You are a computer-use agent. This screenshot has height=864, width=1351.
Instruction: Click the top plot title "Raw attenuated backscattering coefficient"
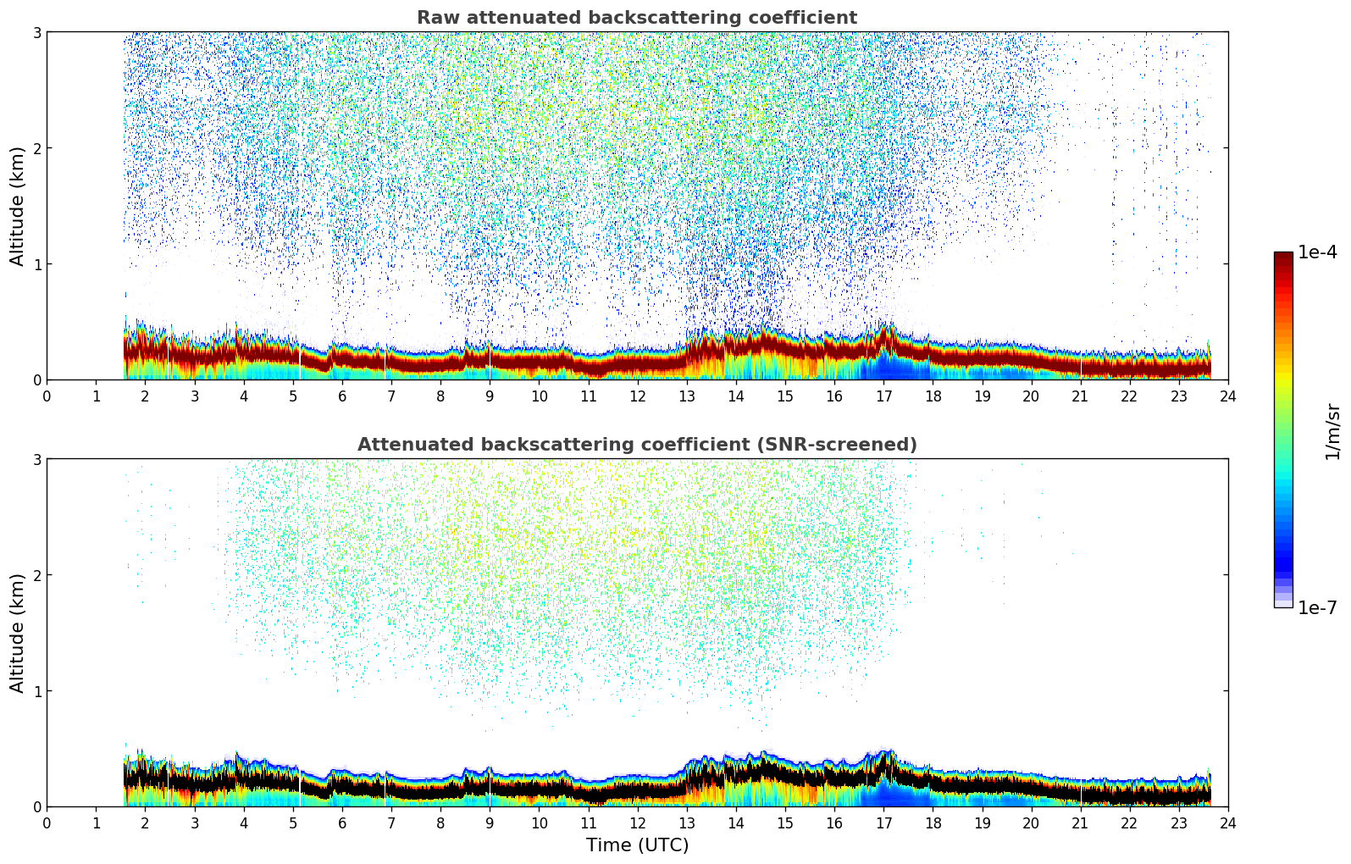pos(637,18)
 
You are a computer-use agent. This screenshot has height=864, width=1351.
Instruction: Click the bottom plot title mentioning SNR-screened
pos(637,445)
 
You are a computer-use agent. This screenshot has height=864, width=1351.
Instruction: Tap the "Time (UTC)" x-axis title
pos(637,845)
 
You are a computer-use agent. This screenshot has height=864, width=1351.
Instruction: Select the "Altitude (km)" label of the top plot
pos(17,206)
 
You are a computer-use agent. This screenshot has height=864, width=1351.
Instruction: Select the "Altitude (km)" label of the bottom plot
pos(17,633)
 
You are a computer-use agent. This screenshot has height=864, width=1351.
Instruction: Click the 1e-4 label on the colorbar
pos(1317,252)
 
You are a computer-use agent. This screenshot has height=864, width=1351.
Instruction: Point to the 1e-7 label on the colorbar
pos(1317,607)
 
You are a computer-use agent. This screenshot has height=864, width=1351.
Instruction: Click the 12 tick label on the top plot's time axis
pos(637,396)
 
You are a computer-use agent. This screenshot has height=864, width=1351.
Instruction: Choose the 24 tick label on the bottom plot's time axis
pos(1227,822)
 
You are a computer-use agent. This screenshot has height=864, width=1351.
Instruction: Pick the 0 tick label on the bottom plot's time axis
pos(47,822)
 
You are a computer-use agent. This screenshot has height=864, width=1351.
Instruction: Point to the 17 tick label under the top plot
pos(883,396)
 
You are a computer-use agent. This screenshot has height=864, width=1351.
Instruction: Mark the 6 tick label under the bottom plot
pos(342,822)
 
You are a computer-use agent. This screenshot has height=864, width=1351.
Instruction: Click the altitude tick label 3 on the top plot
pos(36,32)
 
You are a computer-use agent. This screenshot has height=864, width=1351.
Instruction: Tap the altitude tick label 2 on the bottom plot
pos(36,575)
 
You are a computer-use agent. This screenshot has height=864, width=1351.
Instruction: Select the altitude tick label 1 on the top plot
pos(36,264)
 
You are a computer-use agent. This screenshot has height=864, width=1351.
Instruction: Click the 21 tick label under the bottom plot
pos(1080,822)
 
